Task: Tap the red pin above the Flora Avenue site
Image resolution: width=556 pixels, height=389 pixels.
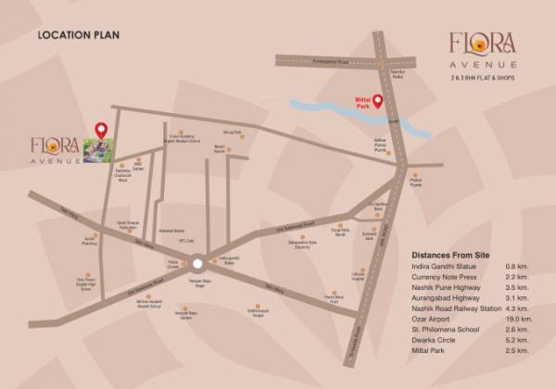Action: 102,130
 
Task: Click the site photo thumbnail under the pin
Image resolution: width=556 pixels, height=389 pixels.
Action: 98,151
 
